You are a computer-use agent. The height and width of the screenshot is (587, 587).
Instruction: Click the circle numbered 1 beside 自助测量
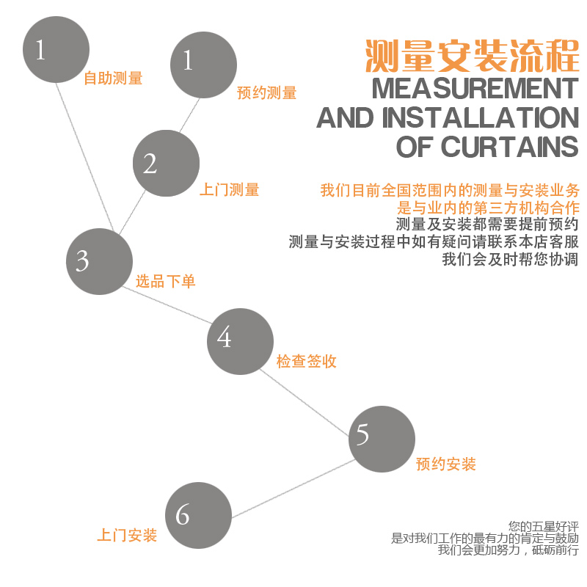[56, 50]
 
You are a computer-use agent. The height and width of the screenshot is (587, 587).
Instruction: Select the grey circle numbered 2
[166, 163]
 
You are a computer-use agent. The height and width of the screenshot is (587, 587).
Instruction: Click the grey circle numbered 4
[240, 341]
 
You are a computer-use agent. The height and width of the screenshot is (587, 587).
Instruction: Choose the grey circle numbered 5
[382, 438]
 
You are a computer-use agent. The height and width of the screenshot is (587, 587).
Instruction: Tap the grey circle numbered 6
[198, 514]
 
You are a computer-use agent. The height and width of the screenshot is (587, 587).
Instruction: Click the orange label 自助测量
[112, 79]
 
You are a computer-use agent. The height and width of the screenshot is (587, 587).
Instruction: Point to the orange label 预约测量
[266, 93]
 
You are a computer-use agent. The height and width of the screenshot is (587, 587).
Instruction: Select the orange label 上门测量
[229, 190]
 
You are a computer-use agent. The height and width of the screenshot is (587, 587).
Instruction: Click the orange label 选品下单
[165, 282]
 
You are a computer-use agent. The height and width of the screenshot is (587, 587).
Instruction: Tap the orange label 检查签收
[306, 361]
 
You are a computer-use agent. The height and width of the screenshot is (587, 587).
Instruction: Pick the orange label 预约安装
[445, 464]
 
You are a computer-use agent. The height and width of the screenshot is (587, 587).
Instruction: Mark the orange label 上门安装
[127, 536]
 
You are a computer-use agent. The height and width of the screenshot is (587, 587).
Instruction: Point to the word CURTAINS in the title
[509, 147]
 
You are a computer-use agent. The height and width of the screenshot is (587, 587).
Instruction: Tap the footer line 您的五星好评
[533, 526]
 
